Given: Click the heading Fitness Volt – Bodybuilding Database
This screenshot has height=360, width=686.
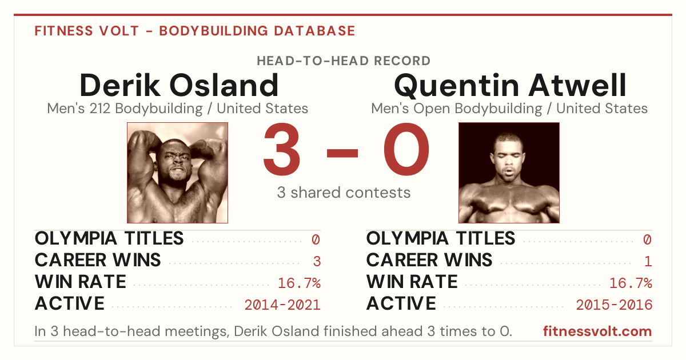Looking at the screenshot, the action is (x=195, y=31).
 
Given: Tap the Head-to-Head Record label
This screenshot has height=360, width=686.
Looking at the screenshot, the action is (x=344, y=61).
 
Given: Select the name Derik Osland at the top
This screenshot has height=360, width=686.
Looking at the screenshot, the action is (x=179, y=85).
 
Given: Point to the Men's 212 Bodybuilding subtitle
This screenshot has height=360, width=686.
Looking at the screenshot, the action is (x=178, y=109).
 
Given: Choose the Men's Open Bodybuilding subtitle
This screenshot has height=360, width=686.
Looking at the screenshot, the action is (x=509, y=109).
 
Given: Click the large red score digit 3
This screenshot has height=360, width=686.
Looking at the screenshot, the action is (x=282, y=149).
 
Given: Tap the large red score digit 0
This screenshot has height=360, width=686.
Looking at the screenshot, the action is (x=406, y=149).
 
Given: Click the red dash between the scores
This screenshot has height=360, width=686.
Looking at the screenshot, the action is (x=342, y=153).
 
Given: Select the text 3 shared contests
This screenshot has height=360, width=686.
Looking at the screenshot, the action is (x=344, y=193).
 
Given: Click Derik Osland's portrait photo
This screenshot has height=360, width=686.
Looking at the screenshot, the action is (x=178, y=173).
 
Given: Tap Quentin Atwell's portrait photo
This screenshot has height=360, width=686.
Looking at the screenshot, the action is (x=509, y=173).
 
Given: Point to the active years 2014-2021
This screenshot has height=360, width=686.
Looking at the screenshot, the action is (x=282, y=305).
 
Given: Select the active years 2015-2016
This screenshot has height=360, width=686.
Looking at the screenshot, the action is (x=614, y=305).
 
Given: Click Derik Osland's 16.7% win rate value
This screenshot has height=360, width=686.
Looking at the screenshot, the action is (x=299, y=283).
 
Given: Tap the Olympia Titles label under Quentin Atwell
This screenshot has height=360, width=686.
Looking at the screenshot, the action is (x=441, y=238).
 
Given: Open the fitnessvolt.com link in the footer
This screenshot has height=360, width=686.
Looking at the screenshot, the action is (x=597, y=331).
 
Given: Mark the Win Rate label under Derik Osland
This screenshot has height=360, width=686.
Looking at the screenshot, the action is (x=81, y=282).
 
